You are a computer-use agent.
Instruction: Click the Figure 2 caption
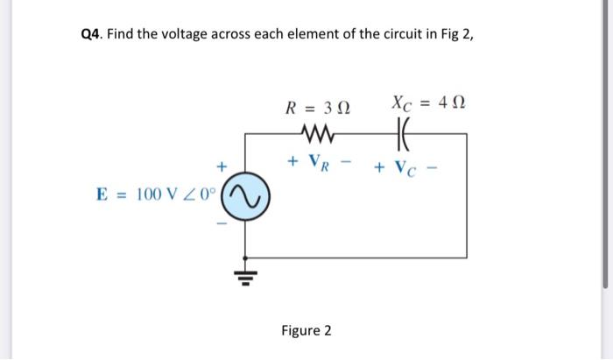coord(306,330)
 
